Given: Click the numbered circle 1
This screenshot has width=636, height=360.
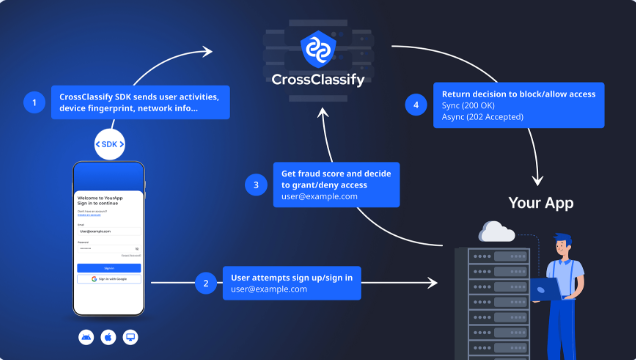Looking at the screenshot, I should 36,102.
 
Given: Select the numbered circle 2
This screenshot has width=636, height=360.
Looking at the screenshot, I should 206,283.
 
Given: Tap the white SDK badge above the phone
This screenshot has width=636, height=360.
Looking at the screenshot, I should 110,144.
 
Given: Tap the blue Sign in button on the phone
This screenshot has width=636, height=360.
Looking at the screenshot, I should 109,268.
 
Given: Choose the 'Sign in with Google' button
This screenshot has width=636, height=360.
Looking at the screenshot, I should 109,279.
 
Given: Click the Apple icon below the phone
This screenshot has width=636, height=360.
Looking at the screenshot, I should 108,337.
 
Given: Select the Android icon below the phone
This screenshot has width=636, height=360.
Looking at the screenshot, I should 85,337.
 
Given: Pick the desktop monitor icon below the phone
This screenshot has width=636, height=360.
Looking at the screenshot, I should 130,337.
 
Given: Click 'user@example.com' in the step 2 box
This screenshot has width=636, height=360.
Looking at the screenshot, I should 268,289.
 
